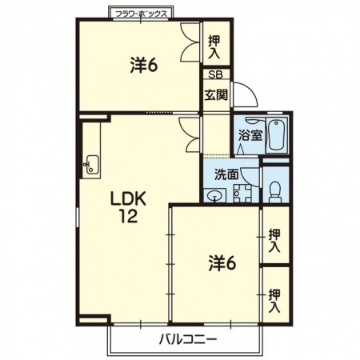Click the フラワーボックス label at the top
(141, 14)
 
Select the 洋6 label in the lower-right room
(222, 264)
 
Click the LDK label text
(129, 199)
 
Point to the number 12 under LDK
(128, 216)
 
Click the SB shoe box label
(215, 74)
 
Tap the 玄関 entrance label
(216, 94)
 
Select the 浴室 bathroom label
(250, 135)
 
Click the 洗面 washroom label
(226, 175)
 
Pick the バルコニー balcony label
(188, 340)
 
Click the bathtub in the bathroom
(278, 135)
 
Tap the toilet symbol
(275, 192)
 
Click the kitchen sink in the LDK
(90, 165)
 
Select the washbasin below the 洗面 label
(215, 195)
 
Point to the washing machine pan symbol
(242, 194)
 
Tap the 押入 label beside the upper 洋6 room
(214, 47)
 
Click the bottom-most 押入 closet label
(274, 301)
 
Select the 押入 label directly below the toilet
(274, 241)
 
